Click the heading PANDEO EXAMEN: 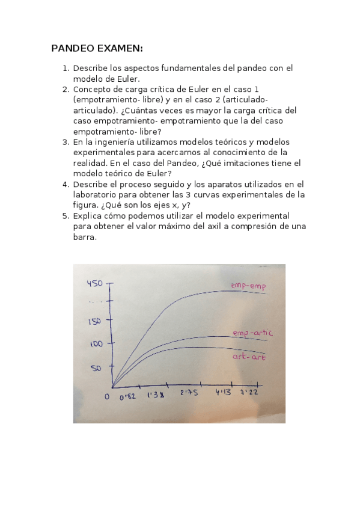97,48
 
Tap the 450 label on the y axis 96,283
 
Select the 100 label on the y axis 96,344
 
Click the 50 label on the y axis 97,367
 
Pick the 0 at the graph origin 107,396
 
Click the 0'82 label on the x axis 127,397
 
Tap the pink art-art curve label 249,357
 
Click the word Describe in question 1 91,69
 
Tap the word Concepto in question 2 93,90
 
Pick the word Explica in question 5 88,215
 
